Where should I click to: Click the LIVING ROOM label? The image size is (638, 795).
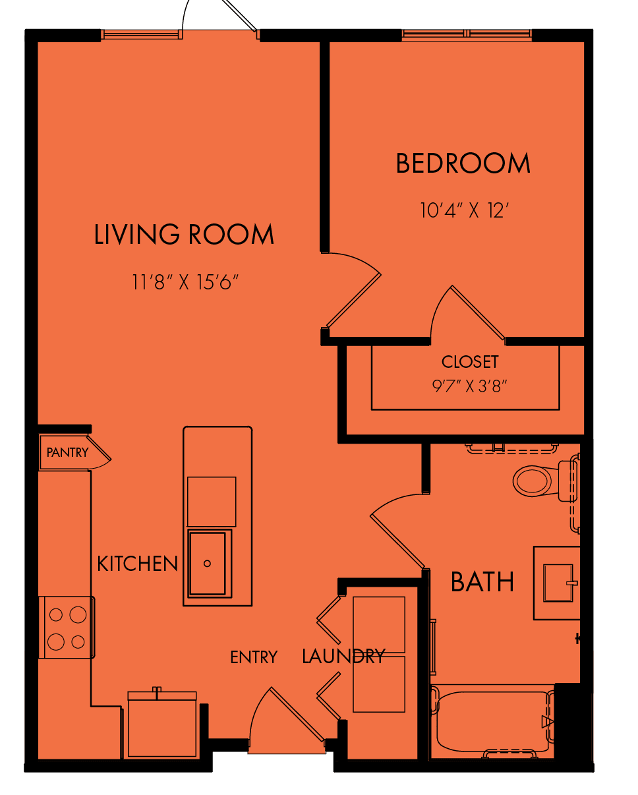coord(184,234)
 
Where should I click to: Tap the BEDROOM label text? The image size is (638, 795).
coord(463,163)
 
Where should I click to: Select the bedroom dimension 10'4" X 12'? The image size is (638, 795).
coord(465,210)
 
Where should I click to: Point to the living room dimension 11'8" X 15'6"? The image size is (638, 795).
coord(185,282)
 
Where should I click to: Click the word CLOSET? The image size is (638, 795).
coord(470,362)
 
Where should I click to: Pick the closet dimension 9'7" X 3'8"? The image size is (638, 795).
coord(469,386)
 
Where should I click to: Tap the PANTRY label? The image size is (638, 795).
coord(68,452)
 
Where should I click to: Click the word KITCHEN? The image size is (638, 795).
coord(138,564)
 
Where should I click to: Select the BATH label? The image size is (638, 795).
coord(482,582)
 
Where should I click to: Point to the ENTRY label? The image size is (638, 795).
coord(254,657)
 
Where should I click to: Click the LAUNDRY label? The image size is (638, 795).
coord(343,657)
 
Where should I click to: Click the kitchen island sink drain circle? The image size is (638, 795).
coord(207,564)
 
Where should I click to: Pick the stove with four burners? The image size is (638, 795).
coord(67,628)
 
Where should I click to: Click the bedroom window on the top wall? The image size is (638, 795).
coord(467,34)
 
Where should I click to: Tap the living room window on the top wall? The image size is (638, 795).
coord(142,34)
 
